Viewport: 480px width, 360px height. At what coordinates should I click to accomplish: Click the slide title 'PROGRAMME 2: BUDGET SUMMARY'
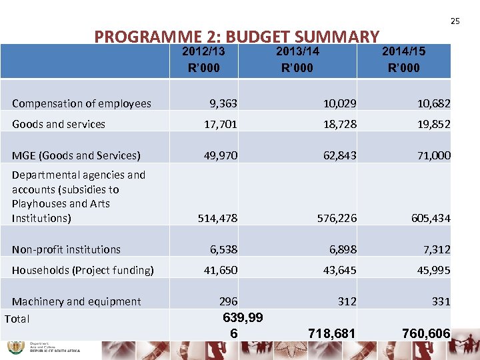237,37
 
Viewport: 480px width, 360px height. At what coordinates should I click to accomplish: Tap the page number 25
455,21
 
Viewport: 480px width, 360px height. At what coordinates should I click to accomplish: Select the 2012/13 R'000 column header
203,59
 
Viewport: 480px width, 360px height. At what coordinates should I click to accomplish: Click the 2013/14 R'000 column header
297,59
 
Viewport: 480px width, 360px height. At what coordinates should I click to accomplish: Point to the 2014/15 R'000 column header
403,59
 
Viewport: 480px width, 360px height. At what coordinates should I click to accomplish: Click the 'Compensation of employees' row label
81,103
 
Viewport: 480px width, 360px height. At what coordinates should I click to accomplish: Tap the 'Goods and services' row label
59,124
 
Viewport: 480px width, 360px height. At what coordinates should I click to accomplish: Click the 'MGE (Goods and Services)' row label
76,155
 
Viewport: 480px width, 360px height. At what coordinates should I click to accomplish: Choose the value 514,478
218,218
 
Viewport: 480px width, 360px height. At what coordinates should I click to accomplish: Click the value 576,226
337,218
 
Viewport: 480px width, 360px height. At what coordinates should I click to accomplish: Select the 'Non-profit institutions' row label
66,249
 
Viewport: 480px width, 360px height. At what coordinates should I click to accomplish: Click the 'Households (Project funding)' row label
83,270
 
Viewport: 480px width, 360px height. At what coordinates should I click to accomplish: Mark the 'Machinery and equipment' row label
76,301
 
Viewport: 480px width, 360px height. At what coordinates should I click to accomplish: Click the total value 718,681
331,333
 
